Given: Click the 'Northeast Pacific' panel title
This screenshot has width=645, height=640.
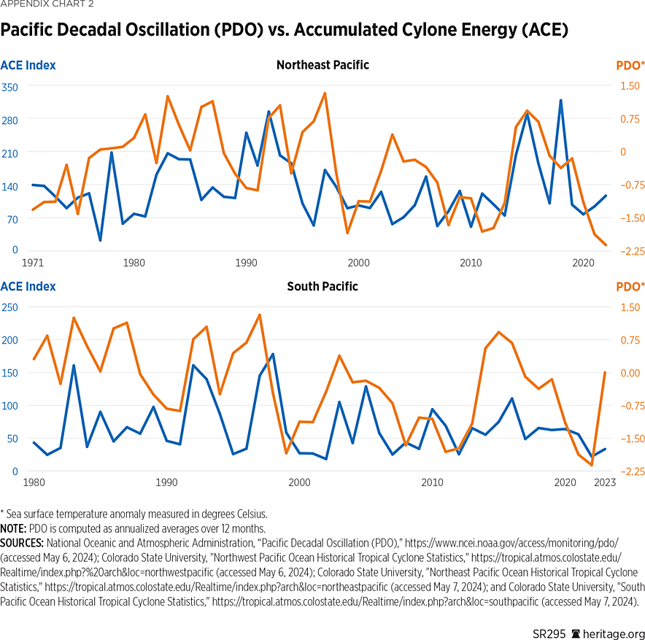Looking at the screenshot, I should point(322,65).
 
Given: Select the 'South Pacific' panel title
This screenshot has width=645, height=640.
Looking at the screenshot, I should point(322,286).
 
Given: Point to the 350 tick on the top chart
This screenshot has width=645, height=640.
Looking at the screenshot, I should point(9,86).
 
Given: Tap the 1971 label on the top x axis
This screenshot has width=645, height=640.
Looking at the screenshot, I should point(32,262).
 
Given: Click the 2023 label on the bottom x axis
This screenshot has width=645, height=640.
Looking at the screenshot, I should point(605,482).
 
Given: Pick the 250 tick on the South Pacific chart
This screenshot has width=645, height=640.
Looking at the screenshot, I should point(9,306).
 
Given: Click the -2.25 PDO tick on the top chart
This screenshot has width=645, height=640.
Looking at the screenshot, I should point(631,250).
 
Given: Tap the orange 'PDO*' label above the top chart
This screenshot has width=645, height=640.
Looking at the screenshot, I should point(630,66).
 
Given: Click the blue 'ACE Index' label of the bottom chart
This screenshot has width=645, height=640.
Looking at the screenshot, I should point(28,287).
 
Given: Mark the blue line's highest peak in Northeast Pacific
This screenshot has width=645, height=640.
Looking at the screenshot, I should point(560,100).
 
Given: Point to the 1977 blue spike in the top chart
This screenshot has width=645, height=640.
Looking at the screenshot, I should point(112,152).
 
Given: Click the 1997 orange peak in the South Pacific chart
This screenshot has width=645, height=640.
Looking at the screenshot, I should point(260,315).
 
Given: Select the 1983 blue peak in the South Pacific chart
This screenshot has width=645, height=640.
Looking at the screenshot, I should point(74,365).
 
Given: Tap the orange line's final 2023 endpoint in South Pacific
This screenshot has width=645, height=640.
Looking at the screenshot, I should point(604,373).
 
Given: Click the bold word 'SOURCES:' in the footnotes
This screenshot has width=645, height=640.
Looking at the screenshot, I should point(22,543).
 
